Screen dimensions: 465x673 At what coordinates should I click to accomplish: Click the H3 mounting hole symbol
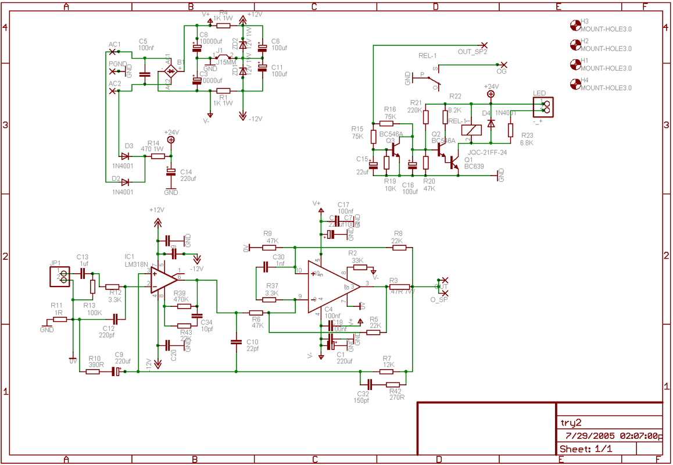[x=575, y=25]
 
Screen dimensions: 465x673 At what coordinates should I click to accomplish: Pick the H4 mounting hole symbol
[x=575, y=84]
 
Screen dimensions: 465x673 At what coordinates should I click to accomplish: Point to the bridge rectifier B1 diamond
[x=171, y=71]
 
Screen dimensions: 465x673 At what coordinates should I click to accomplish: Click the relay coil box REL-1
[x=470, y=130]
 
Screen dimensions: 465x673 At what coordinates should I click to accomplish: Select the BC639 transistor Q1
[x=454, y=162]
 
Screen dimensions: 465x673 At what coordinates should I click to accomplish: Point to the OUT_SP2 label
[x=472, y=52]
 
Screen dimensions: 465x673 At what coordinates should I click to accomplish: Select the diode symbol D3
[x=125, y=156]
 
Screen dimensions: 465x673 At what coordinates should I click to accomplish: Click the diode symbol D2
[x=125, y=182]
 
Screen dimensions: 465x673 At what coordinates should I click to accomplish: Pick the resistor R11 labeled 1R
[x=60, y=319]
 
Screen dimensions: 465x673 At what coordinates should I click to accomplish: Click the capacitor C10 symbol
[x=236, y=341]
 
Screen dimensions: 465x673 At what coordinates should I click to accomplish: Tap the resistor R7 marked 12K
[x=386, y=371]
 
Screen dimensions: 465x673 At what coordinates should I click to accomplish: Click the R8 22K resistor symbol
[x=399, y=248]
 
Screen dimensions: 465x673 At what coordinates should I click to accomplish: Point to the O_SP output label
[x=439, y=299]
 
